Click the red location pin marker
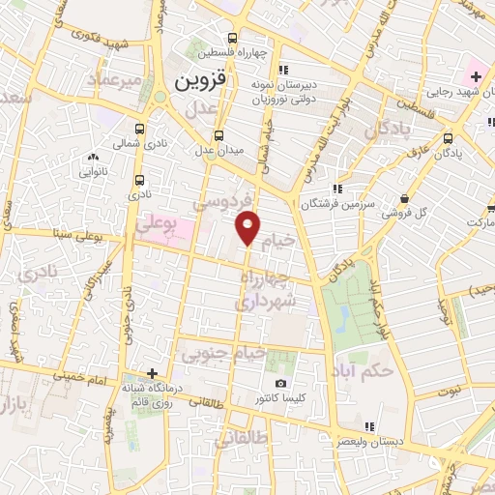[x=248, y=225]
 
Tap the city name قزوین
[x=200, y=83]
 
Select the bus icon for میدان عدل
[x=218, y=135]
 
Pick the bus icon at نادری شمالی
[x=140, y=129]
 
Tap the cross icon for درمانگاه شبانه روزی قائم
[x=152, y=373]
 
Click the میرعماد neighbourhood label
[x=117, y=75]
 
